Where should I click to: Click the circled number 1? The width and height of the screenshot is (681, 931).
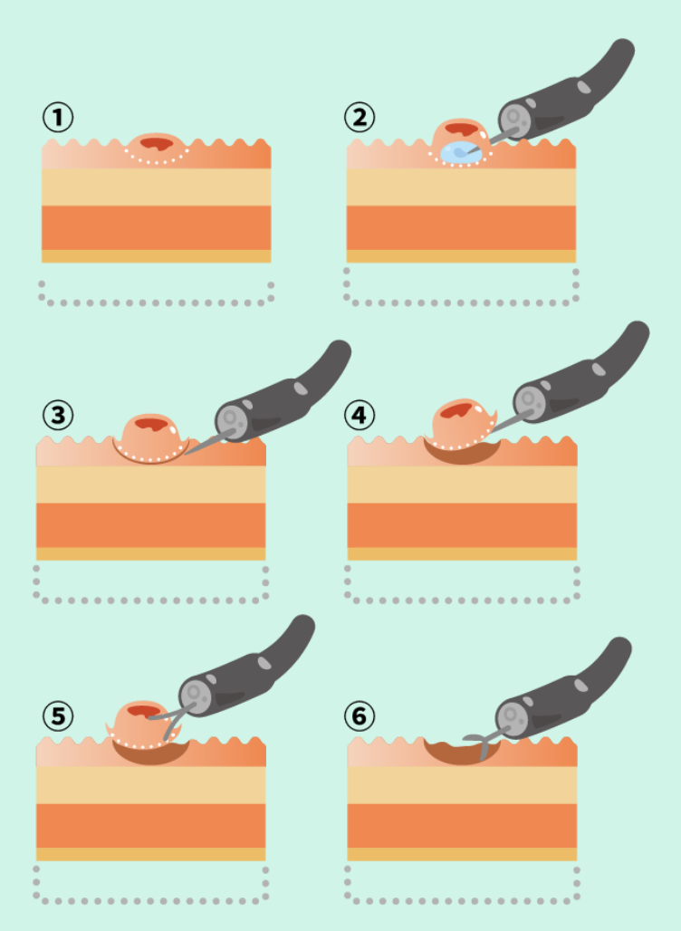[58, 117]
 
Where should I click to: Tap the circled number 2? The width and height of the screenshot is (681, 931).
[360, 117]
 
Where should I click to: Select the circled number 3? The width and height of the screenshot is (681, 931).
[58, 415]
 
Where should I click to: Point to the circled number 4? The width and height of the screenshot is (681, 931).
[360, 415]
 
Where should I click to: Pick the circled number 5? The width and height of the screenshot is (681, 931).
[58, 716]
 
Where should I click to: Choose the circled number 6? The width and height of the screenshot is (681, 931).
[360, 716]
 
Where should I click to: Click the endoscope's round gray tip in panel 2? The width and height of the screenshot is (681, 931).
[514, 120]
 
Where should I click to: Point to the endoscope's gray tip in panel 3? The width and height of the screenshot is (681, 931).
[232, 420]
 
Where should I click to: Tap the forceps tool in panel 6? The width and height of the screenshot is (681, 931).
[482, 744]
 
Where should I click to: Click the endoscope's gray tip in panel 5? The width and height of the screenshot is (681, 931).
[196, 696]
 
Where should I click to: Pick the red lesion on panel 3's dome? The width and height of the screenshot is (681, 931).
[151, 424]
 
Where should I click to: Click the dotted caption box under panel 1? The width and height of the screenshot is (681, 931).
[156, 293]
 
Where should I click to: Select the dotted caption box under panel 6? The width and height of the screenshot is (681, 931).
[462, 886]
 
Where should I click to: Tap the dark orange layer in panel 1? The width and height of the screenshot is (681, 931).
[156, 227]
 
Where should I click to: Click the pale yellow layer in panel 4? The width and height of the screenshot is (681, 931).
[462, 485]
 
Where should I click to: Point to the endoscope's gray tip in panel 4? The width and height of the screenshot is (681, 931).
[530, 403]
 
